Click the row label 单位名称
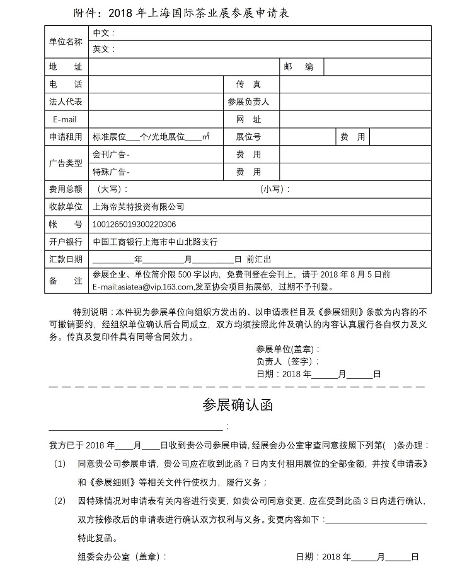[66, 41]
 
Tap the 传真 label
[248, 85]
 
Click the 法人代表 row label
[66, 102]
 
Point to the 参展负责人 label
[248, 102]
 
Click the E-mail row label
[65, 119]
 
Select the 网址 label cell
[248, 119]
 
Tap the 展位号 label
[248, 137]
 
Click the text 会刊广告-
[112, 154]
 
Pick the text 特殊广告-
[112, 172]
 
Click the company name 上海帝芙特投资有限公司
[138, 206]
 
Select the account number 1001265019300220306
[134, 224]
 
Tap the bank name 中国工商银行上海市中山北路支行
[155, 242]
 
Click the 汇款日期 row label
[66, 259]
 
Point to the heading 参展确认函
[237, 405]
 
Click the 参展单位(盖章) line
[289, 349]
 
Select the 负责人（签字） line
[287, 361]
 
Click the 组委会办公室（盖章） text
[122, 557]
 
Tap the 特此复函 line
[97, 539]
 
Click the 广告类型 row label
[66, 163]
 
